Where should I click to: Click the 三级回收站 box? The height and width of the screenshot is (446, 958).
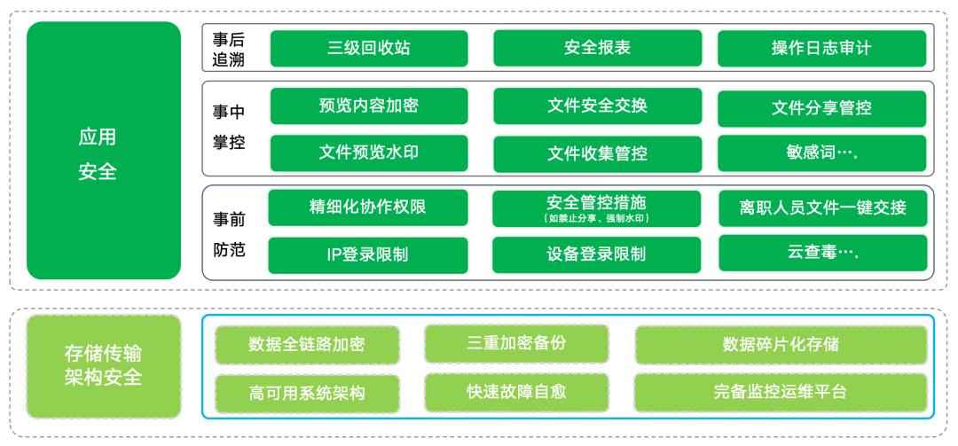pyautogui.click(x=369, y=48)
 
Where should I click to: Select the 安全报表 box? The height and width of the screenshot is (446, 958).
pyautogui.click(x=597, y=48)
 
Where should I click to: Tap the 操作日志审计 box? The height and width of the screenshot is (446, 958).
pyautogui.click(x=821, y=48)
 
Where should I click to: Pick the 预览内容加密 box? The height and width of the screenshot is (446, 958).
pyautogui.click(x=369, y=106)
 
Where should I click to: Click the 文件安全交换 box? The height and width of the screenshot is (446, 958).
pyautogui.click(x=597, y=106)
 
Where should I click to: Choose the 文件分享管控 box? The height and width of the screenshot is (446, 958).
pyautogui.click(x=821, y=108)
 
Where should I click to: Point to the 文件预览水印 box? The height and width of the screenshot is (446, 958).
pyautogui.click(x=369, y=153)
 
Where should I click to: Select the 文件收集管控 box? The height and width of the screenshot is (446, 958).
pyautogui.click(x=597, y=153)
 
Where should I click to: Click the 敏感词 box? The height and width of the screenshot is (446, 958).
pyautogui.click(x=821, y=153)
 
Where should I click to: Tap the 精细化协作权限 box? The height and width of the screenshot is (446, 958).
pyautogui.click(x=368, y=207)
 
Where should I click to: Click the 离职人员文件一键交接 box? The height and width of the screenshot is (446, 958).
pyautogui.click(x=822, y=208)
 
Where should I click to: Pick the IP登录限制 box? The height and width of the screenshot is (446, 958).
pyautogui.click(x=368, y=254)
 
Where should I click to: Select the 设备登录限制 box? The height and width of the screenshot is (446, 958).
pyautogui.click(x=596, y=254)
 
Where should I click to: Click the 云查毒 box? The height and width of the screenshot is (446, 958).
pyautogui.click(x=822, y=253)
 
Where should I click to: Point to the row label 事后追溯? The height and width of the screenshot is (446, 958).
pyautogui.click(x=228, y=50)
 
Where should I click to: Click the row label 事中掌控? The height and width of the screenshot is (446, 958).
pyautogui.click(x=228, y=127)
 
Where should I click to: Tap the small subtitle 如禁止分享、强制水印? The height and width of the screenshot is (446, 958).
pyautogui.click(x=596, y=219)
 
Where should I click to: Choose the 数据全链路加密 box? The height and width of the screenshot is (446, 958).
pyautogui.click(x=307, y=344)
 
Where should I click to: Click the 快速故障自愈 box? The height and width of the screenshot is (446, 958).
pyautogui.click(x=516, y=391)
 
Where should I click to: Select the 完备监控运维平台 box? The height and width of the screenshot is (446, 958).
pyautogui.click(x=781, y=391)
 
